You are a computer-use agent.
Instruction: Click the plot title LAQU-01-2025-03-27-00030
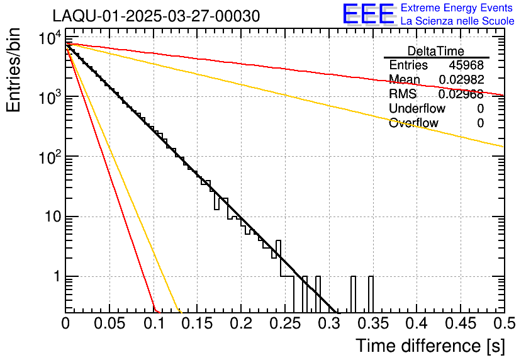[x=155, y=16]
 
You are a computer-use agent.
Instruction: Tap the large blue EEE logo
[x=368, y=14]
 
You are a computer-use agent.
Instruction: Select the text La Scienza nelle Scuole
[x=457, y=21]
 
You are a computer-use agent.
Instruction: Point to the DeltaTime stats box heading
[x=435, y=51]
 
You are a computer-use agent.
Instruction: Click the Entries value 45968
[x=466, y=65]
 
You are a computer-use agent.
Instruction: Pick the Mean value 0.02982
[x=461, y=80]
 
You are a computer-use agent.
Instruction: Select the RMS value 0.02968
[x=461, y=94]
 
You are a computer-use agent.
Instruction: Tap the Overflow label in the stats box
[x=413, y=123]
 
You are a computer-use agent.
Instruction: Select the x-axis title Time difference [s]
[x=430, y=346]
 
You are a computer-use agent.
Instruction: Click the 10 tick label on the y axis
[x=48, y=217]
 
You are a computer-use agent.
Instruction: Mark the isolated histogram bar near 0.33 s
[x=354, y=294]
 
